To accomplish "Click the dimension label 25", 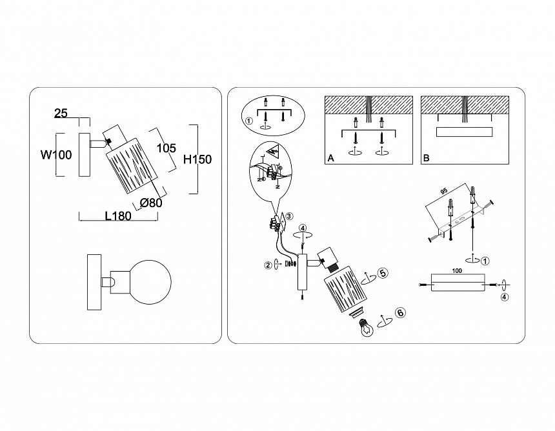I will (61, 114).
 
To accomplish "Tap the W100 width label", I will (56, 155).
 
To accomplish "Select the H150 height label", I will (197, 159).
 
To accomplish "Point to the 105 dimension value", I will (166, 148).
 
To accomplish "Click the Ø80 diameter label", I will (151, 203).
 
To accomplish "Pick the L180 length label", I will (117, 216).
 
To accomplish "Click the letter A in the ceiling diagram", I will (331, 158).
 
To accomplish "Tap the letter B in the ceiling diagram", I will (426, 158).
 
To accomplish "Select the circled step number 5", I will (383, 273).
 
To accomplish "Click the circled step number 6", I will (400, 313).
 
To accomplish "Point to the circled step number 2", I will (267, 264).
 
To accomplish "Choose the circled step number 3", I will (290, 216).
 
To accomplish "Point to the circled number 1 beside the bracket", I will (486, 261).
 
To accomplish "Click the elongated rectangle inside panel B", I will (464, 132).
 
